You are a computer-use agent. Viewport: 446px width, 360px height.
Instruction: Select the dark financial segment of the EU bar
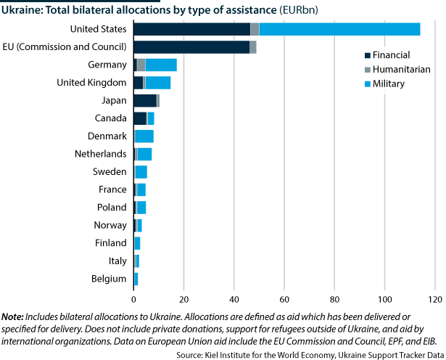[x=191, y=47]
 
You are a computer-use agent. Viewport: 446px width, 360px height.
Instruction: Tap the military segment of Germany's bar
[x=161, y=65]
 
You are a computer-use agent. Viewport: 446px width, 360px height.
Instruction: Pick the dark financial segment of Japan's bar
[x=145, y=100]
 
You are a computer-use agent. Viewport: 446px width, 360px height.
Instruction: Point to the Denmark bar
[x=144, y=136]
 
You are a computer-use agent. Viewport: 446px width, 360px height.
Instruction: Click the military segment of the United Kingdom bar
[x=158, y=83]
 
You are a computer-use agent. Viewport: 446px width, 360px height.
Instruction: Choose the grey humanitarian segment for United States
[x=255, y=29]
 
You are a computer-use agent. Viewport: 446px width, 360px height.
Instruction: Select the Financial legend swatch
[x=368, y=55]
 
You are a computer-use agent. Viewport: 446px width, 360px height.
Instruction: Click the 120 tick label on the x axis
[x=434, y=298]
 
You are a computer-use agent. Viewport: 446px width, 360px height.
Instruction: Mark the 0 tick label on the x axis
[x=134, y=298]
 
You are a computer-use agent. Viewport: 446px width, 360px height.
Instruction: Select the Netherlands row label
[x=101, y=154]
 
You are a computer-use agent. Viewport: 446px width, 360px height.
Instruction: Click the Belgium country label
[x=110, y=278]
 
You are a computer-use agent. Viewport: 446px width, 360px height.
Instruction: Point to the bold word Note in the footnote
[x=12, y=317]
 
